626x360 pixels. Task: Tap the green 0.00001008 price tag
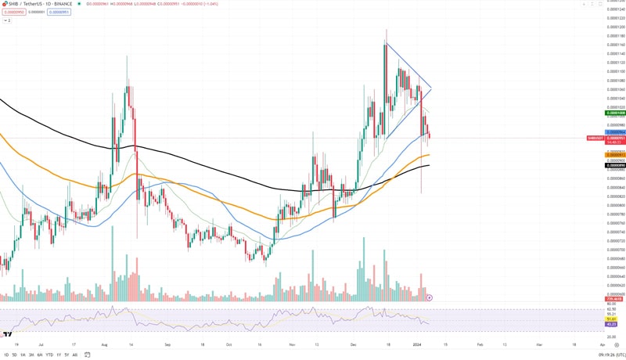[x=616, y=113]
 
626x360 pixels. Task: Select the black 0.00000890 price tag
[x=616, y=165]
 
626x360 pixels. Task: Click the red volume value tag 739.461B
[x=615, y=299]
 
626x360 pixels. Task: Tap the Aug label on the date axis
[x=105, y=344]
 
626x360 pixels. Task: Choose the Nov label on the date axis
[x=291, y=344]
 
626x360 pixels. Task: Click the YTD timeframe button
[x=50, y=355]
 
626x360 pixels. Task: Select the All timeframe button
[x=74, y=355]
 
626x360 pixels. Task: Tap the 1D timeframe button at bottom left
[x=6, y=355]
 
